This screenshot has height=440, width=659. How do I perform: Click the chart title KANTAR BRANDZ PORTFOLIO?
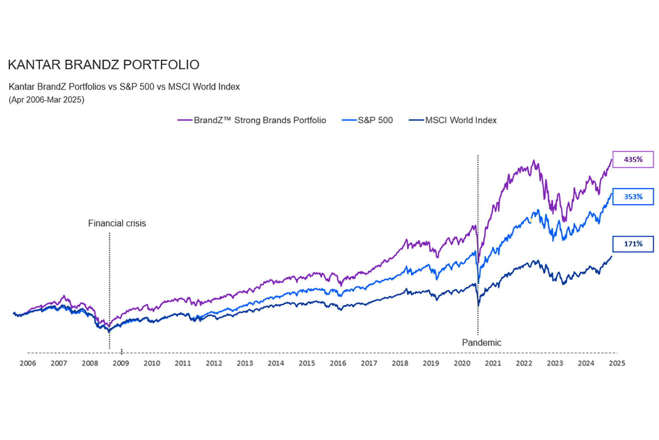tap(104, 65)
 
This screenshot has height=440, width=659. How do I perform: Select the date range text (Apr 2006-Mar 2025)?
tap(46, 100)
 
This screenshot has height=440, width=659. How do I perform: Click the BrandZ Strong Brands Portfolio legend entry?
tap(252, 120)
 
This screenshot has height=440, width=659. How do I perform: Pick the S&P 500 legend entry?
tap(367, 120)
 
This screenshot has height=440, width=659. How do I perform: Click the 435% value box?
tap(633, 159)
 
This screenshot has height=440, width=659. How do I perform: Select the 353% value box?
tap(633, 197)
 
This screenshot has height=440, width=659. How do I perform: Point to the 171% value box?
tap(633, 244)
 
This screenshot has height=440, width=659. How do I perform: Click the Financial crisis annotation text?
tap(117, 224)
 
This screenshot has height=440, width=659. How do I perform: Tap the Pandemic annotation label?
tap(482, 343)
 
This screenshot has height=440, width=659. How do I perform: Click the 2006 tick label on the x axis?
tap(28, 363)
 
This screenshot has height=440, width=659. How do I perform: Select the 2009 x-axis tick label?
tap(121, 363)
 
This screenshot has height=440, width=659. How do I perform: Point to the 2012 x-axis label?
tap(214, 363)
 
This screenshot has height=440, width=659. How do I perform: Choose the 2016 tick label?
tap(338, 363)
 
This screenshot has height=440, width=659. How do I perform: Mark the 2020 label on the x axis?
tap(462, 363)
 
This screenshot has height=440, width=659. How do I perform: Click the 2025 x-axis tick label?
tap(617, 363)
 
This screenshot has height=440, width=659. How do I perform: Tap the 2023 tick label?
tap(555, 363)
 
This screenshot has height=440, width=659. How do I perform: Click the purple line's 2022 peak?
tap(534, 161)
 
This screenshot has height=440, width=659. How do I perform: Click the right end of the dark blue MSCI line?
tap(611, 257)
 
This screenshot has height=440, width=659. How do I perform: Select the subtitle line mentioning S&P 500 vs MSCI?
tap(124, 87)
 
